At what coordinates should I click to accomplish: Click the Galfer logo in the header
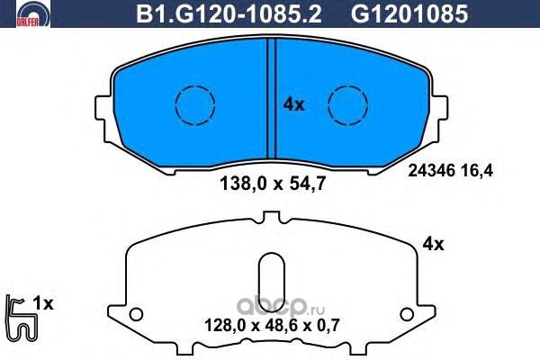33,13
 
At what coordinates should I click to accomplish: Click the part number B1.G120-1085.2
229,14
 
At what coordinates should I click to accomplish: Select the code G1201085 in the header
409,14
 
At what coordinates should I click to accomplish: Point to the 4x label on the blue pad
293,104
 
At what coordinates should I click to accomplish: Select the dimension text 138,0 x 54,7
272,184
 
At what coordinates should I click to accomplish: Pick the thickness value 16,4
479,171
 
